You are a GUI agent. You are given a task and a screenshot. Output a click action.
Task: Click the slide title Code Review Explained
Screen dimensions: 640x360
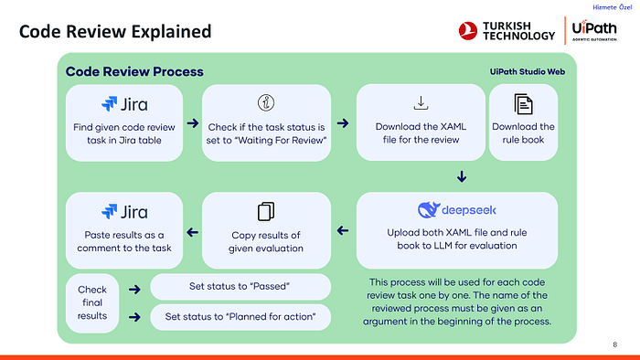tap(115, 31)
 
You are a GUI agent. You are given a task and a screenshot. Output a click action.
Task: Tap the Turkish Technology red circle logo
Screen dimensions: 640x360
tap(468, 31)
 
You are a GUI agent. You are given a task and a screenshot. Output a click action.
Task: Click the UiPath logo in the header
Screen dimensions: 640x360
tap(594, 30)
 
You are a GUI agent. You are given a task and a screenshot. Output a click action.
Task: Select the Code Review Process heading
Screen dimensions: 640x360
tap(134, 72)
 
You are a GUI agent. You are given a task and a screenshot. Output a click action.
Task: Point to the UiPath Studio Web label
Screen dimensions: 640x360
tap(528, 72)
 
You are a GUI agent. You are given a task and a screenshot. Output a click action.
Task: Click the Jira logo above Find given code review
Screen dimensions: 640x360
tap(124, 104)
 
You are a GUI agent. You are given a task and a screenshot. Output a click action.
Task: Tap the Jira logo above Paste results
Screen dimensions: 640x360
tap(124, 212)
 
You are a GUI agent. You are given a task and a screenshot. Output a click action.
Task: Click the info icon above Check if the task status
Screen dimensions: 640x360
tap(266, 102)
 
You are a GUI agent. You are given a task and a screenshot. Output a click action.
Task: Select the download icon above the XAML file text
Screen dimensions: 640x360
tap(421, 102)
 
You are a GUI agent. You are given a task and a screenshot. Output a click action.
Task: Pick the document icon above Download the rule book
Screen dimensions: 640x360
tap(523, 104)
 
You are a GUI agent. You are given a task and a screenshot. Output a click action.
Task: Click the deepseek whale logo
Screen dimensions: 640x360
tap(429, 210)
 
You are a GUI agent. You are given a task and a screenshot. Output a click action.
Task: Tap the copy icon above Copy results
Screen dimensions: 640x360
tap(266, 212)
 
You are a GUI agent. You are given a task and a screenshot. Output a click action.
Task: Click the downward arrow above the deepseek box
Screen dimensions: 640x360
tap(462, 176)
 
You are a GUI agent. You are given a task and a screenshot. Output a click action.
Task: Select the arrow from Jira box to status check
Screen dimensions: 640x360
tap(193, 123)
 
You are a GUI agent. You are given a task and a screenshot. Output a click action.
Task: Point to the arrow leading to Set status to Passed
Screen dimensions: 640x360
tap(134, 290)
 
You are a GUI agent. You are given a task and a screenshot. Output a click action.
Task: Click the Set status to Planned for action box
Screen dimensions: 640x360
tap(240, 317)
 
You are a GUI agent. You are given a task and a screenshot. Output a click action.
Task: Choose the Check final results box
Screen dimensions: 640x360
tap(92, 303)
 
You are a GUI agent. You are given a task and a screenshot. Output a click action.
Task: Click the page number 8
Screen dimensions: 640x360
tap(615, 344)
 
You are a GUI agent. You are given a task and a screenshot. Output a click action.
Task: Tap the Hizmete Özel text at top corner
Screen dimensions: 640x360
tap(613, 7)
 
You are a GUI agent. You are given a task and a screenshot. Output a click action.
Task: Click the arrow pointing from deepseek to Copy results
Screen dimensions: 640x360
tap(343, 231)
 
